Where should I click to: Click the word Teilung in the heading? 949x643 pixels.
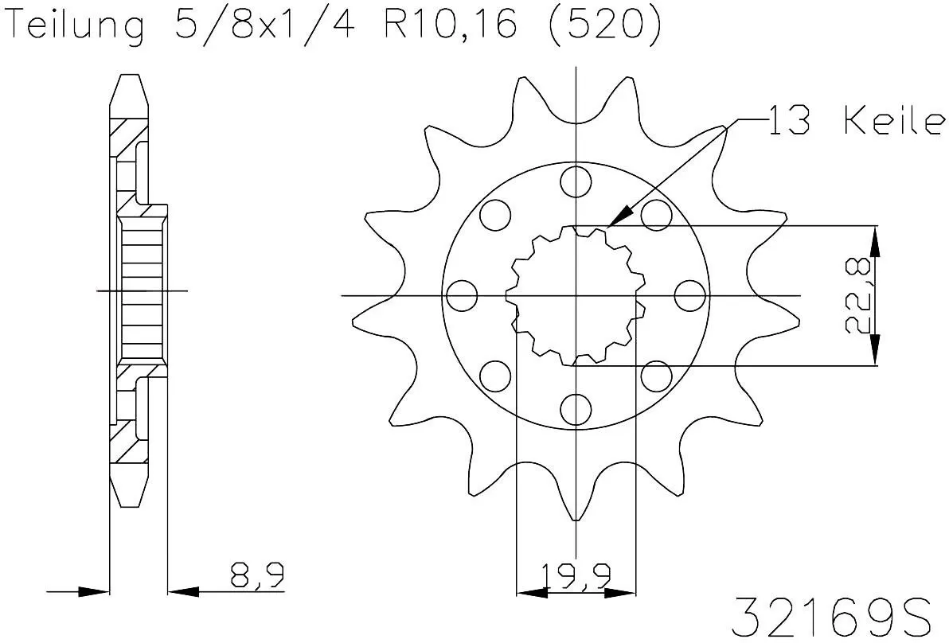[76, 27]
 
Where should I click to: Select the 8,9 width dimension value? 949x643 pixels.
[257, 575]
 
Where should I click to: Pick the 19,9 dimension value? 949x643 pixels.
[576, 575]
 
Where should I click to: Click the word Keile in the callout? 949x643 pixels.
[893, 123]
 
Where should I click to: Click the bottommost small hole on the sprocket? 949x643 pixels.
[575, 409]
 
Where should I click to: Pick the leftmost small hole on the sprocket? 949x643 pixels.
[462, 296]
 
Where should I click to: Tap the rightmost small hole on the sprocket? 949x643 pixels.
[689, 296]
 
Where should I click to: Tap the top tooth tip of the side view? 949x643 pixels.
[127, 77]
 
